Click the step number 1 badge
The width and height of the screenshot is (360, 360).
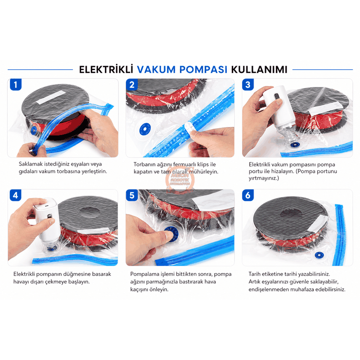click(x=16, y=85)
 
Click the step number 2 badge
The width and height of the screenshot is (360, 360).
click(x=132, y=85)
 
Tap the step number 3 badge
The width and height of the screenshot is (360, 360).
click(x=248, y=85)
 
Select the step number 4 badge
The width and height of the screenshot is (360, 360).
click(x=16, y=195)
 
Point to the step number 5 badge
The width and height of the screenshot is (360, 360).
click(x=132, y=195)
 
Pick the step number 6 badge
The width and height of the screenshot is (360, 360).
click(x=248, y=195)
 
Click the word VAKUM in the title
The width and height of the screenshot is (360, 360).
click(x=156, y=70)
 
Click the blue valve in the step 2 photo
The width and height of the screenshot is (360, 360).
click(x=145, y=129)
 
